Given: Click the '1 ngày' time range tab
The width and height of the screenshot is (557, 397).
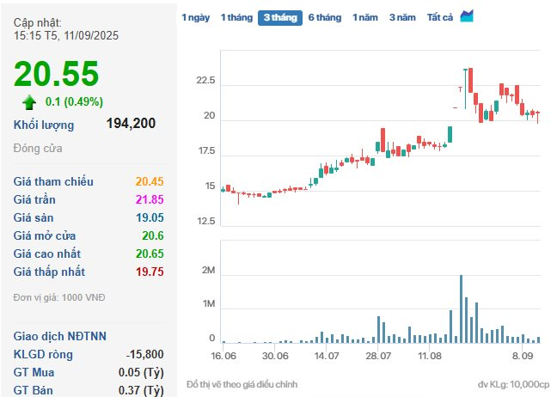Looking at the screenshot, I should point(195,17).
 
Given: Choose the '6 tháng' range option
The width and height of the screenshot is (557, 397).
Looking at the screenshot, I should point(324,17).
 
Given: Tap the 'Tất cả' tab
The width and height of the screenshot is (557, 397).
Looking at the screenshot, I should point(439,17).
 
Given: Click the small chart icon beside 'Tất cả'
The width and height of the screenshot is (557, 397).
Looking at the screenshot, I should point(467,16).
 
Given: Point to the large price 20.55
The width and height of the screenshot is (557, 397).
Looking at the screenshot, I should point(57,75).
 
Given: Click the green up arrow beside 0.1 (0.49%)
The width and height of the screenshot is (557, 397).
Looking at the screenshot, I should point(30,103).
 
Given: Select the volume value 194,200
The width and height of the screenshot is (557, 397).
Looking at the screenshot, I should point(131,124).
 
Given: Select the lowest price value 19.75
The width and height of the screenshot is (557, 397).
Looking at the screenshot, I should point(150,272).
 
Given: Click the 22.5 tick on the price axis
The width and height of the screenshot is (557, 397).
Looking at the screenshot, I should point(205,82).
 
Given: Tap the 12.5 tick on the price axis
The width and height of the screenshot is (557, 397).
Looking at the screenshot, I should point(205,222).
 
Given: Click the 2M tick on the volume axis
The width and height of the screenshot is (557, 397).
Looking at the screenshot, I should point(207,272).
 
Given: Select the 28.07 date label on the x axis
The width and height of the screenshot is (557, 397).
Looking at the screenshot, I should point(378,355).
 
